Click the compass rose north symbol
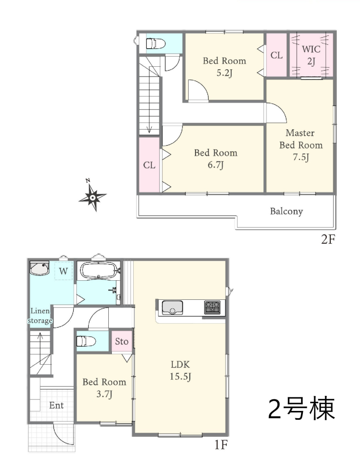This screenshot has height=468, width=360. (92, 196)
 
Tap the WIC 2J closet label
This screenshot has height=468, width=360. (311, 55)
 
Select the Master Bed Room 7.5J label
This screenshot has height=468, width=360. (301, 145)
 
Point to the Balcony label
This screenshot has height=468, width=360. (286, 211)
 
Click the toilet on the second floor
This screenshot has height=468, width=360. (155, 43)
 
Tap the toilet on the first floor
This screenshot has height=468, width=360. (86, 341)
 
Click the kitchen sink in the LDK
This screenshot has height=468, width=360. (172, 308)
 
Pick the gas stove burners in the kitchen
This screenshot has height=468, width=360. (212, 308)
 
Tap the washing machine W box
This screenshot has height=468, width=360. (63, 271)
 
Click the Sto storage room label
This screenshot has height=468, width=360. (121, 341)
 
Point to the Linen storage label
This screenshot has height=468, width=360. (40, 316)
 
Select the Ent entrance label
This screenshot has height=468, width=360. (56, 405)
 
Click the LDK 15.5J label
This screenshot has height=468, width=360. (180, 370)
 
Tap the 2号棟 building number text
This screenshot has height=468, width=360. (301, 409)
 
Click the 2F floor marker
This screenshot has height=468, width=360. (328, 239)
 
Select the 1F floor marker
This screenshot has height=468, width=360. (221, 445)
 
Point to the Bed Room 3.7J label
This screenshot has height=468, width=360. (104, 388)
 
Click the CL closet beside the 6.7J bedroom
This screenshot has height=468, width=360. (149, 165)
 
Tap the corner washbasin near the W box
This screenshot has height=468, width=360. (39, 268)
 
